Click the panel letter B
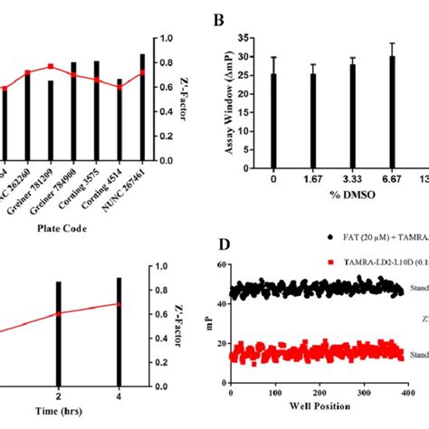tap(217, 20)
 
